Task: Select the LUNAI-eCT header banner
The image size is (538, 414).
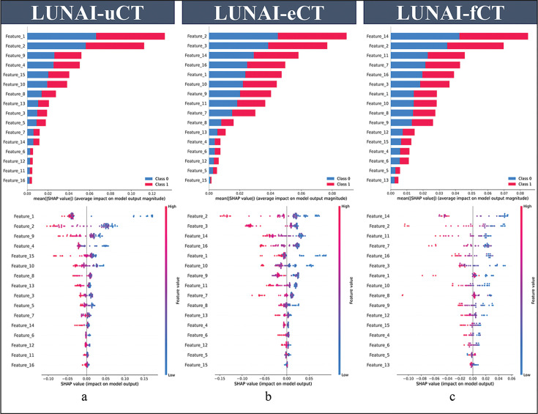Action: pyautogui.click(x=268, y=14)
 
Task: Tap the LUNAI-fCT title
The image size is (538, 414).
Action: pyautogui.click(x=448, y=14)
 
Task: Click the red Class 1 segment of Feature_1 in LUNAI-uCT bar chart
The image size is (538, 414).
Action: pyautogui.click(x=130, y=36)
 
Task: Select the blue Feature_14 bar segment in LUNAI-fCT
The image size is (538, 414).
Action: pyautogui.click(x=425, y=36)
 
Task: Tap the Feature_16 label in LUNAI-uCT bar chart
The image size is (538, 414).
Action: pyautogui.click(x=15, y=180)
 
